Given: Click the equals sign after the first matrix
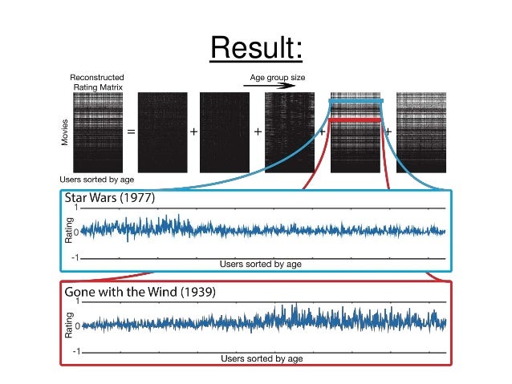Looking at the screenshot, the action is coord(130,132).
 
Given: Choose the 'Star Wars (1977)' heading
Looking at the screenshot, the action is coord(110,197).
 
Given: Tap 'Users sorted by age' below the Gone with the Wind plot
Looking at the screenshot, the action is coord(262,358).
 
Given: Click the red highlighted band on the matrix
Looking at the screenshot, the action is coord(356,120).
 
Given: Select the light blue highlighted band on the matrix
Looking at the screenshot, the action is coord(356,101).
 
